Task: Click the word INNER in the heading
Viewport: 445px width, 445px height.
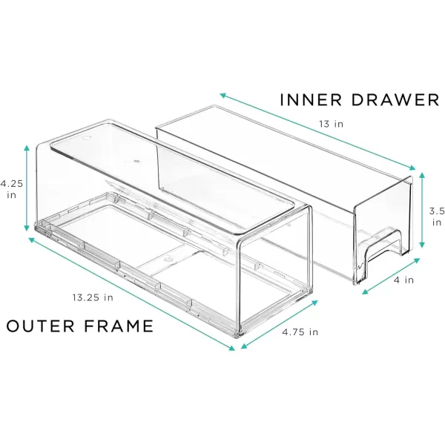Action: [x=311, y=100]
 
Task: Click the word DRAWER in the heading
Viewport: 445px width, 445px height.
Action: [x=395, y=100]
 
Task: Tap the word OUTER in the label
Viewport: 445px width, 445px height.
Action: [x=40, y=326]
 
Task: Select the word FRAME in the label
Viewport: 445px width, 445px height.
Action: [x=119, y=326]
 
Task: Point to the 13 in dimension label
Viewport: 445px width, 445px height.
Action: [x=331, y=124]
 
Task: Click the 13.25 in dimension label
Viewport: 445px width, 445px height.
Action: [x=93, y=297]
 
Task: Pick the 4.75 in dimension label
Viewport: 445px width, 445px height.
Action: [x=300, y=332]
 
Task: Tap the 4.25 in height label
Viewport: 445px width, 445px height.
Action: [x=11, y=189]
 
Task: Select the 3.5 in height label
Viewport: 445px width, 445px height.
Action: [x=437, y=217]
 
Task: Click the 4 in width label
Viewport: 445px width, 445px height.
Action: [x=403, y=280]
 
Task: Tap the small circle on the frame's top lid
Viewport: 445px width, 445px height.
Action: [x=86, y=139]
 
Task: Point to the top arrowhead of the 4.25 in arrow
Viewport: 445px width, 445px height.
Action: [x=27, y=148]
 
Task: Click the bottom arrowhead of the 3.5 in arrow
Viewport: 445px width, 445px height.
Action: [x=422, y=245]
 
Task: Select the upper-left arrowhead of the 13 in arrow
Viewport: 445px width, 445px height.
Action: [x=222, y=96]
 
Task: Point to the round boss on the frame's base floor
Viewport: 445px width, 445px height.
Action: [x=168, y=259]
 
